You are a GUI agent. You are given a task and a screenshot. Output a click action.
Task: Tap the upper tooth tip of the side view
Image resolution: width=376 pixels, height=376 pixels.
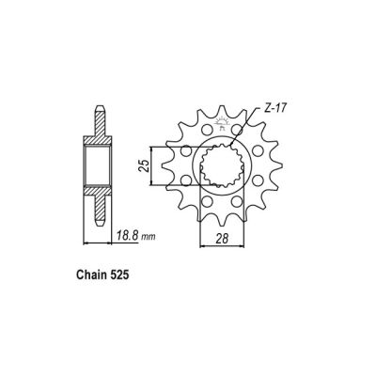click(99, 113)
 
